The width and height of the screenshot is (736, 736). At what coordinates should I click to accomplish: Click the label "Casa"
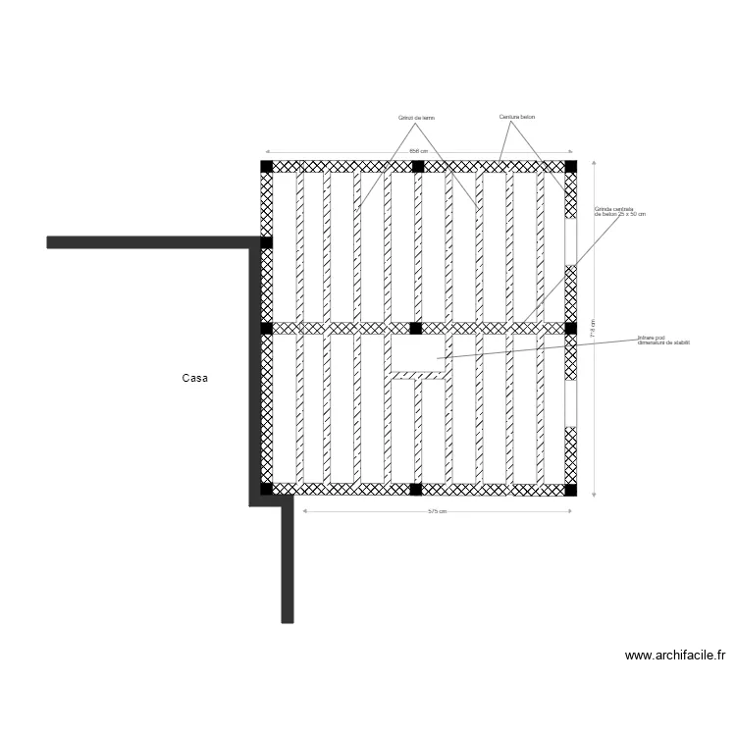pos(195,377)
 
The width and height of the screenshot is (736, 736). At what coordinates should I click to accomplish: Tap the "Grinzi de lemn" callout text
pos(416,117)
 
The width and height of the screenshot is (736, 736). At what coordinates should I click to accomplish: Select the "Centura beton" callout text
pos(516,117)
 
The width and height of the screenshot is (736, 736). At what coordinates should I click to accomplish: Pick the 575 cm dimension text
pos(437,511)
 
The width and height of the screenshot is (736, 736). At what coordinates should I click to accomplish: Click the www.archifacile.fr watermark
pos(677,657)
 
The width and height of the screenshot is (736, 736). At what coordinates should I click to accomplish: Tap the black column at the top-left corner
pos(266,166)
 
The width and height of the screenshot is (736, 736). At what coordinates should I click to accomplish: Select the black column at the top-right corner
pos(571,166)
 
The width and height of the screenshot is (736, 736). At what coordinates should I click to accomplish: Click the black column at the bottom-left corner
pos(266,489)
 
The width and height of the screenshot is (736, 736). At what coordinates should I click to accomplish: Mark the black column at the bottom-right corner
pos(571,489)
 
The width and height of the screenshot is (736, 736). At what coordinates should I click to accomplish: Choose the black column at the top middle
pos(417,166)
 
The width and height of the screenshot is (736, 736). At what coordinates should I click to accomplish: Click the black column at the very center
pos(416,328)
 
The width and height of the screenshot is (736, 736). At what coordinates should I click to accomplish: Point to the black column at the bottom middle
pos(416,489)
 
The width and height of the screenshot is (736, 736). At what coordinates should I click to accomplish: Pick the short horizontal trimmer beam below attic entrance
pos(418,374)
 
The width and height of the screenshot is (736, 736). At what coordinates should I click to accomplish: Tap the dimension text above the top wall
pos(418,151)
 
